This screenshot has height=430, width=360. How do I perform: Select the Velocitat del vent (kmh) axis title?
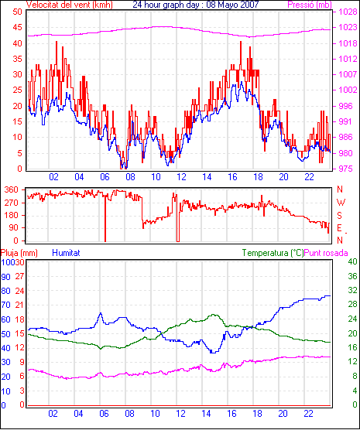point(69,5)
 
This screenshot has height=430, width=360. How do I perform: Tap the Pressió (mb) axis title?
point(310,5)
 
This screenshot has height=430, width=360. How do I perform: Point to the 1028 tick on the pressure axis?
point(348,12)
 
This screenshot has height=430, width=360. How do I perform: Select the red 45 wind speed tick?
point(17,27)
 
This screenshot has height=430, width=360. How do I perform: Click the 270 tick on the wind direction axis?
point(12,203)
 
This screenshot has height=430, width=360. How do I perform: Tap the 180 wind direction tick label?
point(12,215)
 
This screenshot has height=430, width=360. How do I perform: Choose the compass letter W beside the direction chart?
point(341,203)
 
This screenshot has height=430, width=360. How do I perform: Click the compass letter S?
point(340,216)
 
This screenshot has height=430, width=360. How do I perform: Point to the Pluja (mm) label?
point(19,253)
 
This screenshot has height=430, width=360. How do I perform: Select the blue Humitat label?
point(66,253)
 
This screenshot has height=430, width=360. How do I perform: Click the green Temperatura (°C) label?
point(273,253)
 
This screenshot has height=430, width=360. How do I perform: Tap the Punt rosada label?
point(326,253)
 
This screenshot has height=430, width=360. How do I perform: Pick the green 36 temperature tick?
point(352,276)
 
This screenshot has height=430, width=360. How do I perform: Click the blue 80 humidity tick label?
point(5,291)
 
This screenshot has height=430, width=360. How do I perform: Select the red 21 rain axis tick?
point(19,305)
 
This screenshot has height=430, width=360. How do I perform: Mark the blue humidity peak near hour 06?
point(101,313)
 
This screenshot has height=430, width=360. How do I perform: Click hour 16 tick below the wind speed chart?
point(232,177)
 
